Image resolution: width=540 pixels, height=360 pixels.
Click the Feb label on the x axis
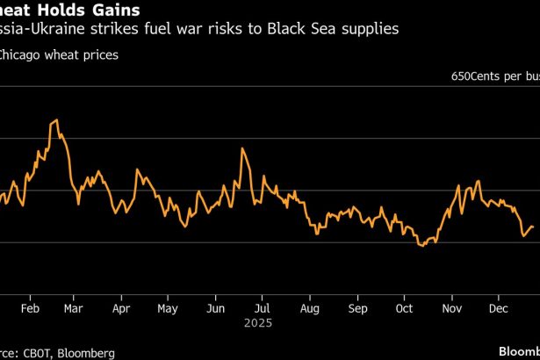point(30,309)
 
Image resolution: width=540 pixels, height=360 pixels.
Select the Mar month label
point(74,309)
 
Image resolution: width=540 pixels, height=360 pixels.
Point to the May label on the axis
point(167,309)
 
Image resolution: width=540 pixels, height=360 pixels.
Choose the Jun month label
point(215,309)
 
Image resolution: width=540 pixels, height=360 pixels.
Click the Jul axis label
point(262,309)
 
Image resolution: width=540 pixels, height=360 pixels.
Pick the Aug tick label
point(309,309)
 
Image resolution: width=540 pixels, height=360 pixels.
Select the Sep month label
point(357,309)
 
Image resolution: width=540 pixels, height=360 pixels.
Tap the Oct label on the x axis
point(405,309)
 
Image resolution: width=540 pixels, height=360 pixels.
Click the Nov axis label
point(452,309)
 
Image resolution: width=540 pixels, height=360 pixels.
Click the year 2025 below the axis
point(262,322)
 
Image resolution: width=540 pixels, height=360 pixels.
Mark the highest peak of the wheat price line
point(56,120)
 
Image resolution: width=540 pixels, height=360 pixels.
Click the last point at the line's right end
point(532,228)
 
